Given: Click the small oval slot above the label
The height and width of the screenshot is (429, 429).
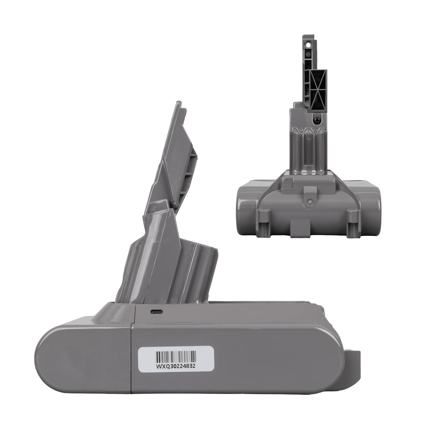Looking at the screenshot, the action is [x=156, y=312].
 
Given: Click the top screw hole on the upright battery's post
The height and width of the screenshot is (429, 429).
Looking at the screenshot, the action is [x=308, y=43].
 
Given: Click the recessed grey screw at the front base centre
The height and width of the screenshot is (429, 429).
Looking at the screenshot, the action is [x=309, y=201].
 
